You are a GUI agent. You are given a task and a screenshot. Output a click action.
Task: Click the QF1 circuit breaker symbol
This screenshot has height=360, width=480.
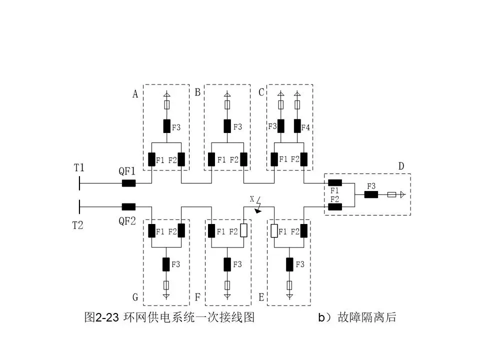(128, 183)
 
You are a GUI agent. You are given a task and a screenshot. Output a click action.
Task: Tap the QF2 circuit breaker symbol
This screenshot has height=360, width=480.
(128, 206)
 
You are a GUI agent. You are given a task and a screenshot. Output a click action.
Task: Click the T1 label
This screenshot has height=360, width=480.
(79, 168)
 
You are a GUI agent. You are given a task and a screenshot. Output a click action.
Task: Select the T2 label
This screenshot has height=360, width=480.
(77, 225)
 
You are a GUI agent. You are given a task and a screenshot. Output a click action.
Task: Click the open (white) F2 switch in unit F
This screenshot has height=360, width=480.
(243, 231)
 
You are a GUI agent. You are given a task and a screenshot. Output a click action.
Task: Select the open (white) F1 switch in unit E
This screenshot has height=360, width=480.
(274, 231)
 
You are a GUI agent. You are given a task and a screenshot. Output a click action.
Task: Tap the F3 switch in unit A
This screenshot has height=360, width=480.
(167, 126)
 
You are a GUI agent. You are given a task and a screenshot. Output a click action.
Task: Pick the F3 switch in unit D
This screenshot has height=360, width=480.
(371, 194)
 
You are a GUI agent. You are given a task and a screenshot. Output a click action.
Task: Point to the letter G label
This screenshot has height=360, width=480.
(135, 297)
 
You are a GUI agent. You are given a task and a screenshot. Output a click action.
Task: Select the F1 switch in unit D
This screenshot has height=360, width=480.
(334, 183)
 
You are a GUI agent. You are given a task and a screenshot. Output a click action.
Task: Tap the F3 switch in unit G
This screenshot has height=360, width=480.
(167, 263)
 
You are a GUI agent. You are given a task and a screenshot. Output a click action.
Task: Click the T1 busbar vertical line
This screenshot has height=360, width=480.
(79, 183)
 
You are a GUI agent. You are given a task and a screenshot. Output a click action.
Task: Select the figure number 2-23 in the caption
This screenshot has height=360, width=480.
(106, 317)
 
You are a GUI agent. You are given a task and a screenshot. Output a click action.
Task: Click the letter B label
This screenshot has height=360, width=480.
(197, 92)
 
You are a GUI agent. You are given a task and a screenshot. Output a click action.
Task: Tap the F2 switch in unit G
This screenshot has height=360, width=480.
(181, 231)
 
